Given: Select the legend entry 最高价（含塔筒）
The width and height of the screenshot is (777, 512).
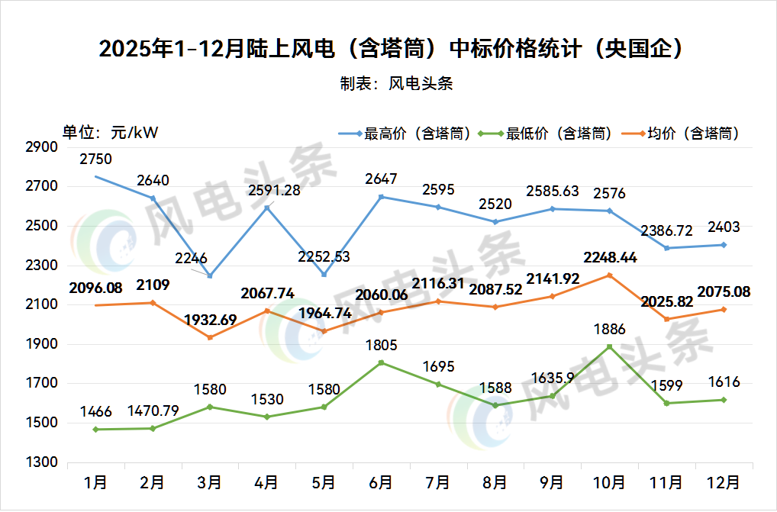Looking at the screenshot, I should click(x=405, y=134).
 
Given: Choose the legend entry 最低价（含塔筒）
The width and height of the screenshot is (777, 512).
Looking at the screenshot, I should click(x=545, y=134).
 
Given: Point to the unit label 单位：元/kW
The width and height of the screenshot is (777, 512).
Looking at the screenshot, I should click(x=110, y=132).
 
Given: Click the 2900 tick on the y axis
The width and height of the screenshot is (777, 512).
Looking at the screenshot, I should click(x=42, y=147).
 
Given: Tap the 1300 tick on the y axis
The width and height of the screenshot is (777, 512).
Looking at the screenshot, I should click(x=42, y=462).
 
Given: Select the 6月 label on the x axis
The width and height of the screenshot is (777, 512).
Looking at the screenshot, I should click(x=381, y=482).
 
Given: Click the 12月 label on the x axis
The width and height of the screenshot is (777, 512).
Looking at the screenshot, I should click(x=724, y=482).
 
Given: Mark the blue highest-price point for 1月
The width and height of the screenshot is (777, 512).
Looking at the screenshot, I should click(x=96, y=177).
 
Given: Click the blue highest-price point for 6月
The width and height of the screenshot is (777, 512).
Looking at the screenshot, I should click(x=381, y=197).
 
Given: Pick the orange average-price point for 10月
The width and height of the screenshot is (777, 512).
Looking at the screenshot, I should click(x=609, y=275).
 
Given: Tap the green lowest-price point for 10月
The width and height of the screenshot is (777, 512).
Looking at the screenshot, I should click(x=609, y=346).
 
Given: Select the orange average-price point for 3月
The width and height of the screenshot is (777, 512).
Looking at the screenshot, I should click(x=210, y=337).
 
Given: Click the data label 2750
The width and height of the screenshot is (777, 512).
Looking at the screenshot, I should click(x=96, y=159).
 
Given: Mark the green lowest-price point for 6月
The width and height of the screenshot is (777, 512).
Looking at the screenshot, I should click(x=381, y=362).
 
